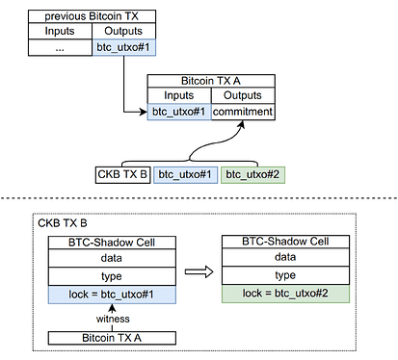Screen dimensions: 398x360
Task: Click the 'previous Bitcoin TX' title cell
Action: (92, 16)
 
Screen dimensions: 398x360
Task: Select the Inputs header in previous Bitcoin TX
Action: (60, 31)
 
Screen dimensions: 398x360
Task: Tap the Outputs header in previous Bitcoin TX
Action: (123, 31)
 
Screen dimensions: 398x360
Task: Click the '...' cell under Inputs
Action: (60, 48)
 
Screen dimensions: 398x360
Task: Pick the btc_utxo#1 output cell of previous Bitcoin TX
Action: (123, 48)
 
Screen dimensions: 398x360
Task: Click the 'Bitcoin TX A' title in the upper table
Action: (211, 81)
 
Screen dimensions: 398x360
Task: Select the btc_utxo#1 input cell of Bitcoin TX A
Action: (179, 112)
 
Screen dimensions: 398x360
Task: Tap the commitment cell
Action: (243, 112)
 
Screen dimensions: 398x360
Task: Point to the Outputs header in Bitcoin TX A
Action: (243, 95)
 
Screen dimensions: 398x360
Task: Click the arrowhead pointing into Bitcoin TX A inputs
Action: (144, 112)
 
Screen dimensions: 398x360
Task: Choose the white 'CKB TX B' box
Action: (122, 175)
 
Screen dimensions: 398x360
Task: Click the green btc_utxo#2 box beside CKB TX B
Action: (252, 175)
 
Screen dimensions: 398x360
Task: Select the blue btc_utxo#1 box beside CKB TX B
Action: (185, 175)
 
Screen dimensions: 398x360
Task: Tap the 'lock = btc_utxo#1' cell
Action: (112, 295)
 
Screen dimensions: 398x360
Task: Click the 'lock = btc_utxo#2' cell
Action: (285, 294)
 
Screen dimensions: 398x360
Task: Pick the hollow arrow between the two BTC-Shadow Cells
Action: (199, 272)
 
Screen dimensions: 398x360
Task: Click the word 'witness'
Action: (113, 319)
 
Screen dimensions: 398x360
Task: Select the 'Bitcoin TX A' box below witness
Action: (112, 338)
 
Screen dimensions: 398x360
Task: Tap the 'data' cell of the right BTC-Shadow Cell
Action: (285, 257)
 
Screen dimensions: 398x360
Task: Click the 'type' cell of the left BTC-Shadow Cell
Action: (112, 276)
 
